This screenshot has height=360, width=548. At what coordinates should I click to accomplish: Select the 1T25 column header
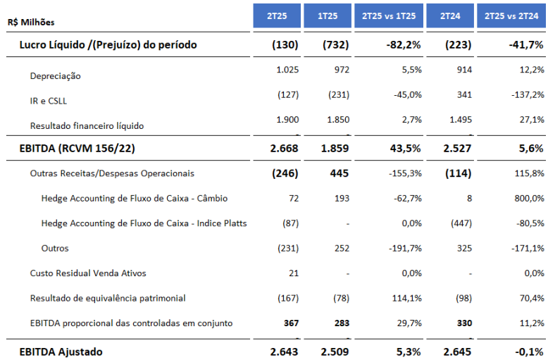tap(328, 15)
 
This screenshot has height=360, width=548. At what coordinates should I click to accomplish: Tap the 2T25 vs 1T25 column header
tap(388, 15)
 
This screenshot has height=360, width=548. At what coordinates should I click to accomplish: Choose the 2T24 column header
tap(450, 15)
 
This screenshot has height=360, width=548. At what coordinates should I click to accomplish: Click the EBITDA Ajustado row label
tap(61, 351)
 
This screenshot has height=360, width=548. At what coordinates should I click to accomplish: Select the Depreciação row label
tap(56, 75)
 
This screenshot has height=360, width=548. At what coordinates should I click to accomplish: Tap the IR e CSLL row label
tap(49, 101)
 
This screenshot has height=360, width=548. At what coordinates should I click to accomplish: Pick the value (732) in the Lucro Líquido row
tap(336, 45)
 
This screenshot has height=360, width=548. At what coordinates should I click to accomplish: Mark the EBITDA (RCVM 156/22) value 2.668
tap(285, 148)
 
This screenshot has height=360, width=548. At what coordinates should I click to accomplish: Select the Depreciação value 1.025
tap(287, 69)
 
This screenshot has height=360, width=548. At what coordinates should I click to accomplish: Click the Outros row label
tap(55, 248)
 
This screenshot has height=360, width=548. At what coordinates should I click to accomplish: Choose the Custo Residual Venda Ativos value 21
tap(294, 273)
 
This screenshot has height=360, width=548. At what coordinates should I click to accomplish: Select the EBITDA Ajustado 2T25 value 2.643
tap(285, 351)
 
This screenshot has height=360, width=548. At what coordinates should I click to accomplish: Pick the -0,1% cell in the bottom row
tap(526, 351)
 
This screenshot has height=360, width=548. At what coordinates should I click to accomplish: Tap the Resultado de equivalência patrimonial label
tap(108, 298)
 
